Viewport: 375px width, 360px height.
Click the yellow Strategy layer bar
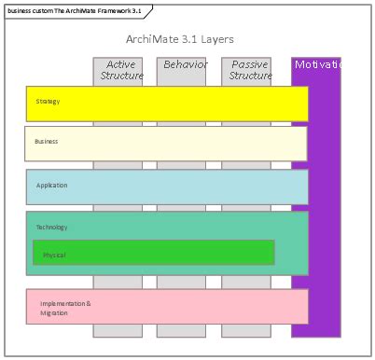(187, 104)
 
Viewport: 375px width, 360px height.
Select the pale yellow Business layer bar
(187, 144)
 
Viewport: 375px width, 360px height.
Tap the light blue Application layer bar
(187, 187)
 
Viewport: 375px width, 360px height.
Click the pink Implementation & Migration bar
(187, 306)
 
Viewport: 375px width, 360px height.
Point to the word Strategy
(48, 102)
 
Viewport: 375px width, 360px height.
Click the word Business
(47, 142)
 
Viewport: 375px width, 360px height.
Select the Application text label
(52, 186)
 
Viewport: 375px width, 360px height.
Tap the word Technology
(52, 228)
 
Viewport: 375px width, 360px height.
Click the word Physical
(54, 255)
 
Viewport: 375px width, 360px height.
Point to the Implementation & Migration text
(65, 308)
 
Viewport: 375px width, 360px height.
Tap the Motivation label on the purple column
(317, 64)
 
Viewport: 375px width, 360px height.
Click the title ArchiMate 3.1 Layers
(179, 39)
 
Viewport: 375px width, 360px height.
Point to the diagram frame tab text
(72, 10)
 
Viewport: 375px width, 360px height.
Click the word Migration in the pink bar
(54, 313)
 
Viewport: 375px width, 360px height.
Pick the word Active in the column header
(120, 64)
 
